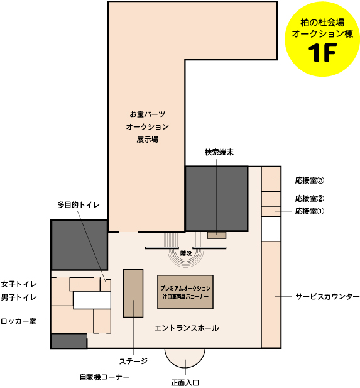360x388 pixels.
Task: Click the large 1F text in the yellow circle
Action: coord(322,53)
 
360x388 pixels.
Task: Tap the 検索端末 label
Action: coord(219,152)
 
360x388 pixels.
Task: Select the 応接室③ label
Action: coord(310,180)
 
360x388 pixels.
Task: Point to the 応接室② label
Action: coord(310,199)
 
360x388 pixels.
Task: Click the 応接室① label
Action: coord(310,211)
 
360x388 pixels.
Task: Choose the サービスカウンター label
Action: coord(327,296)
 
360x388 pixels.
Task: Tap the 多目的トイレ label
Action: coord(79,205)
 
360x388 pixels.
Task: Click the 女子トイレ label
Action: coord(19,284)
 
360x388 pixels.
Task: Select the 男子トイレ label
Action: coord(19,297)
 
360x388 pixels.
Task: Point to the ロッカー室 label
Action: coord(19,321)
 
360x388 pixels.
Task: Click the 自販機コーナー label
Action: coord(104,377)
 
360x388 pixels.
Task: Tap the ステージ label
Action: coord(134,362)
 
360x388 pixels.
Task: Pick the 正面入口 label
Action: coord(185,383)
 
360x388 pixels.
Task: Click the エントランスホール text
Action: coord(187,328)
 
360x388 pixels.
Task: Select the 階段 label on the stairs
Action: coord(186,253)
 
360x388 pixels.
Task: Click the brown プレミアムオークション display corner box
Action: coord(185,292)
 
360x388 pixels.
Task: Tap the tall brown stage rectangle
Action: coord(133,294)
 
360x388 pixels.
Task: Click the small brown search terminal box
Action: coord(217,235)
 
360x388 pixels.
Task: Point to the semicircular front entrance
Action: coord(185,357)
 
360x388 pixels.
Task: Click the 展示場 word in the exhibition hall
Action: coord(148,140)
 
